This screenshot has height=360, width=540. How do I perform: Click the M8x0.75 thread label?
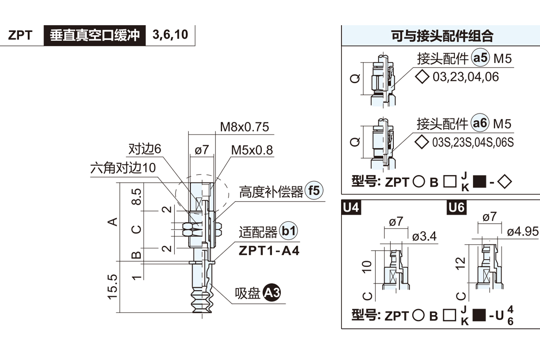click(244, 127)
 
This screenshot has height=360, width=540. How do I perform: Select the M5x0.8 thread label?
click(252, 150)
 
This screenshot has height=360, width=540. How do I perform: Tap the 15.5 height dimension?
click(112, 287)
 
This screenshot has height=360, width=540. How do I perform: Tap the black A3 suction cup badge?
click(272, 293)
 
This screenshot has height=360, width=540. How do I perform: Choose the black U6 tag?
click(457, 208)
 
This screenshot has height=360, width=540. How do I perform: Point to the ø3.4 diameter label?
click(424, 237)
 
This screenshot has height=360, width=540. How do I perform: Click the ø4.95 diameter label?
click(522, 232)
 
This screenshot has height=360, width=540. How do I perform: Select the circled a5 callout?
click(480, 58)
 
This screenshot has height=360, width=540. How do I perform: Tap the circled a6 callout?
click(480, 123)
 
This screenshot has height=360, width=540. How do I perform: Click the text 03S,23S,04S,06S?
click(472, 143)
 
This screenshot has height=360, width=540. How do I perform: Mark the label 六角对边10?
click(123, 168)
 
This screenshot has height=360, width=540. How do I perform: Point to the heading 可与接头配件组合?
click(442, 36)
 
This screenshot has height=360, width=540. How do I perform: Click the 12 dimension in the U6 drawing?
click(460, 262)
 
